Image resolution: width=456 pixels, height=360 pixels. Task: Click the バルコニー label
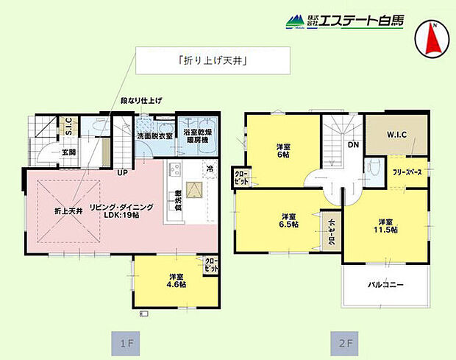pyautogui.click(x=385, y=285)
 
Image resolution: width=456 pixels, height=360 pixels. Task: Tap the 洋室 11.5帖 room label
pyautogui.click(x=388, y=226)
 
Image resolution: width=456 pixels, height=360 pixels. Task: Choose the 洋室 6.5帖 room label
pyautogui.click(x=288, y=221)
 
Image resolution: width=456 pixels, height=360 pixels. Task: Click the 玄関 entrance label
pyautogui.click(x=68, y=152)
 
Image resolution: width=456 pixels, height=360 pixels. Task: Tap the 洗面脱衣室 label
pyautogui.click(x=154, y=135)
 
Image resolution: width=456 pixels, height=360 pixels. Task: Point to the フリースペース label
pyautogui.click(x=407, y=172)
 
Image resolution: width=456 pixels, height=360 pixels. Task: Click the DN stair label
pyautogui.click(x=353, y=145)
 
